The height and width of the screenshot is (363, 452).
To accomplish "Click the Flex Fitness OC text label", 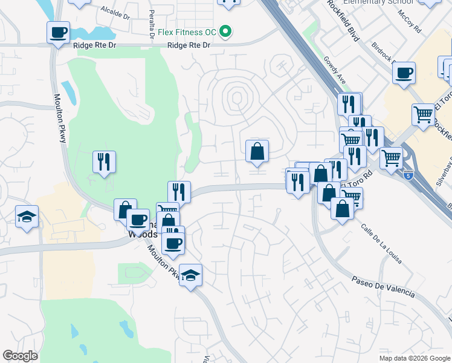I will tap(187, 31).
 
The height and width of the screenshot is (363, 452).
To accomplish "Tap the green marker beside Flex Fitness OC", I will tap(225, 31).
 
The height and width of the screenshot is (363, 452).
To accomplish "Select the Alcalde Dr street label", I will tap(115, 13).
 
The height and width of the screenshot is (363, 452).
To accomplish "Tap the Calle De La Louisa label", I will tap(382, 244).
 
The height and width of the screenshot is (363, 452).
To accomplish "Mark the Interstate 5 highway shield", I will tap(410, 175).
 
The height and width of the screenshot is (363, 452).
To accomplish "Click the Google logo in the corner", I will tap(21, 356).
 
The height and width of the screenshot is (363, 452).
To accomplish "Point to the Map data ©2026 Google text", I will tap(415, 358).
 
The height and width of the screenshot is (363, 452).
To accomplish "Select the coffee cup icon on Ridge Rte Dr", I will tap(58, 33).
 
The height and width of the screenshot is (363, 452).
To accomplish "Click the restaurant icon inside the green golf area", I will tap(104, 162).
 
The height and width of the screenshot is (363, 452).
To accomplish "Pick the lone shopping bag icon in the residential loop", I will tap(257, 151).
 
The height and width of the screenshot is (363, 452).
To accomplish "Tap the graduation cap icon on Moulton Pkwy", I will tap(191, 276).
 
